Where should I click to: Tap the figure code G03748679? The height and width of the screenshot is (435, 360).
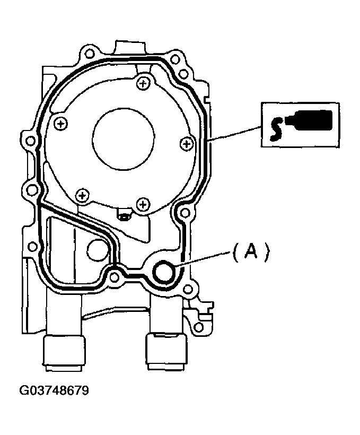[x=54, y=390]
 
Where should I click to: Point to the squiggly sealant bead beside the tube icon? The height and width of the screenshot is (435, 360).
[x=276, y=129]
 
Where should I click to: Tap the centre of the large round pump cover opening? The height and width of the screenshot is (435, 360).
[x=124, y=138]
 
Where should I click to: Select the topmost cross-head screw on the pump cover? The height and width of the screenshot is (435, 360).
[x=143, y=83]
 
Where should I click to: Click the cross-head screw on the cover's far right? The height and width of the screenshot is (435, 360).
[x=187, y=144]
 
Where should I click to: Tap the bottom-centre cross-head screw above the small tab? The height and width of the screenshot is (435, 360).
[x=143, y=205]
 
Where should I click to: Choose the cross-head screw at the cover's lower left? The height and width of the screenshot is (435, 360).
[x=82, y=195]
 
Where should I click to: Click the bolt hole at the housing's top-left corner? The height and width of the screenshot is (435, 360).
[x=89, y=53]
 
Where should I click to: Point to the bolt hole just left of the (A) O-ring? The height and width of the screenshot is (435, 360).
[x=113, y=276]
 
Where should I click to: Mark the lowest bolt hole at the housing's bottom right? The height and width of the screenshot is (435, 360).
[x=199, y=327]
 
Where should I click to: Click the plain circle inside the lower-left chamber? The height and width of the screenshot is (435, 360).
[x=97, y=249]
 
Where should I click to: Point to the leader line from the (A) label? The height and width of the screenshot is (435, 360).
[x=203, y=259]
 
